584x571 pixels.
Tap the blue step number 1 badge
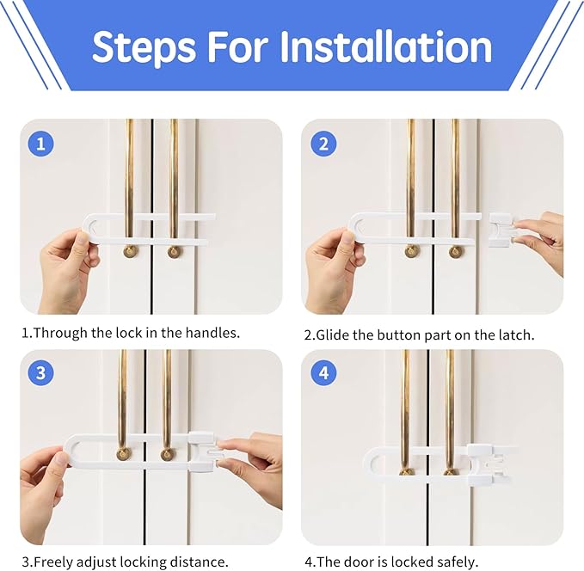[40, 143]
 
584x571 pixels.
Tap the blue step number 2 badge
[322, 143]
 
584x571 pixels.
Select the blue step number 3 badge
[40, 373]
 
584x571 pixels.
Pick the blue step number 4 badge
[322, 373]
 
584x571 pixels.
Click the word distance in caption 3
[200, 562]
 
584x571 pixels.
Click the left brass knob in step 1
[130, 251]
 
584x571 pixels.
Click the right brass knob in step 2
[456, 252]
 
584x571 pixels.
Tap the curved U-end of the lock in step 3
[75, 451]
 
